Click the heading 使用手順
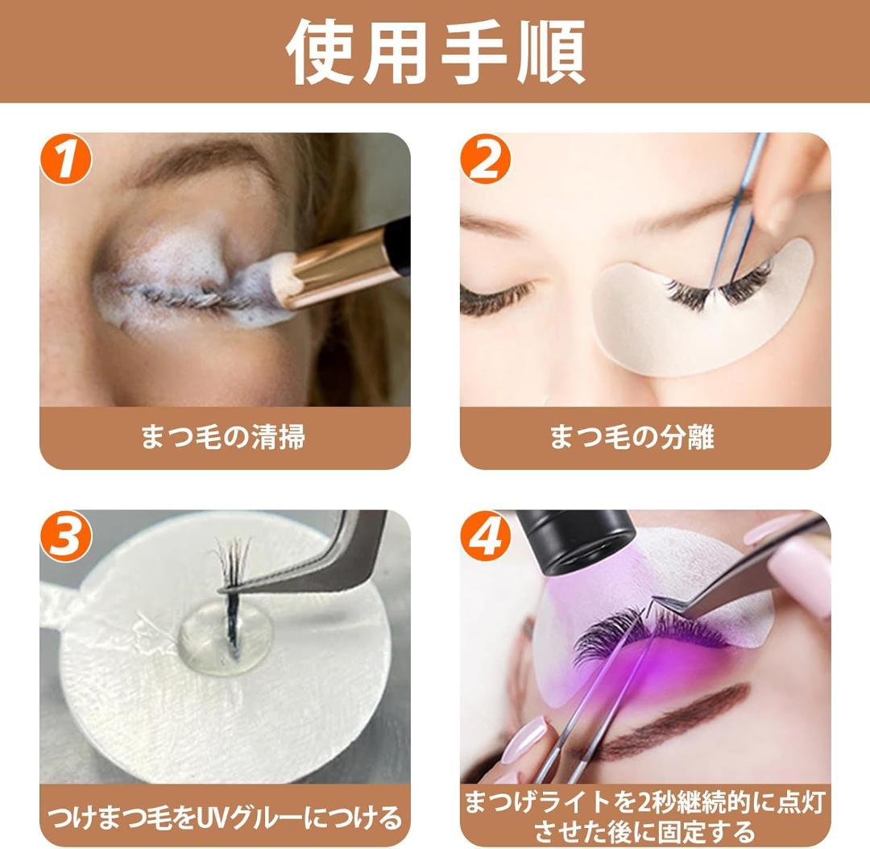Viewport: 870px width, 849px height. coord(435,50)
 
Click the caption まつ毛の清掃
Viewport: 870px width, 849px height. coord(224,438)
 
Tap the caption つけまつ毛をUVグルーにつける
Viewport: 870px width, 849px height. coord(224,818)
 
